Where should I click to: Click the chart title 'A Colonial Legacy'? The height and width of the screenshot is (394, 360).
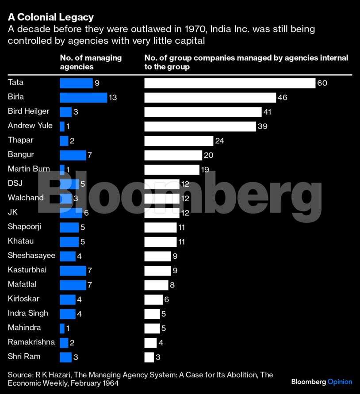point(50,17)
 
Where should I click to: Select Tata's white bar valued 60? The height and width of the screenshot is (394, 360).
point(230,83)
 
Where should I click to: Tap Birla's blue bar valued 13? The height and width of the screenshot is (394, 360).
point(84,97)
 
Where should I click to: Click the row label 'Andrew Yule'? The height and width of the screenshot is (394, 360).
point(30,126)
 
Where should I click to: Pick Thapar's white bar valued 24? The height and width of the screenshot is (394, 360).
point(179,141)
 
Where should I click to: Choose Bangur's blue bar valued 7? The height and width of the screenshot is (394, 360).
point(73,155)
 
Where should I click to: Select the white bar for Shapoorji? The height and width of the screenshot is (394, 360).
point(161,227)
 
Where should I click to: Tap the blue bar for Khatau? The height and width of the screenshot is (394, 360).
point(69,241)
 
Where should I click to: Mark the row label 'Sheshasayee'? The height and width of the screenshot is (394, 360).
point(32,255)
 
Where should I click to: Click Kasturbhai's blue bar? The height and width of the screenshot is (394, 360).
point(73,270)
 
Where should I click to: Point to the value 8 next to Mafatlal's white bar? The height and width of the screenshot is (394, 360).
point(172,285)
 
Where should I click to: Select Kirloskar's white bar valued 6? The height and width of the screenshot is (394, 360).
point(153,299)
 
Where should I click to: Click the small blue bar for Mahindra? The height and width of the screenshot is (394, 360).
point(62,328)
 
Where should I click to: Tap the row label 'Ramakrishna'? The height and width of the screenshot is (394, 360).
point(31,342)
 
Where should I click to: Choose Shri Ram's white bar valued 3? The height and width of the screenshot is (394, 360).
point(149,357)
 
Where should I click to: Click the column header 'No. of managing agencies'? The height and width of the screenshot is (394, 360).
point(91,62)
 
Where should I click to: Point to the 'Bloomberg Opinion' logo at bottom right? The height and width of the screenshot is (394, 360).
point(322,382)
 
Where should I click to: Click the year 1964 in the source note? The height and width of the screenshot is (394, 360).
point(109,383)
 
